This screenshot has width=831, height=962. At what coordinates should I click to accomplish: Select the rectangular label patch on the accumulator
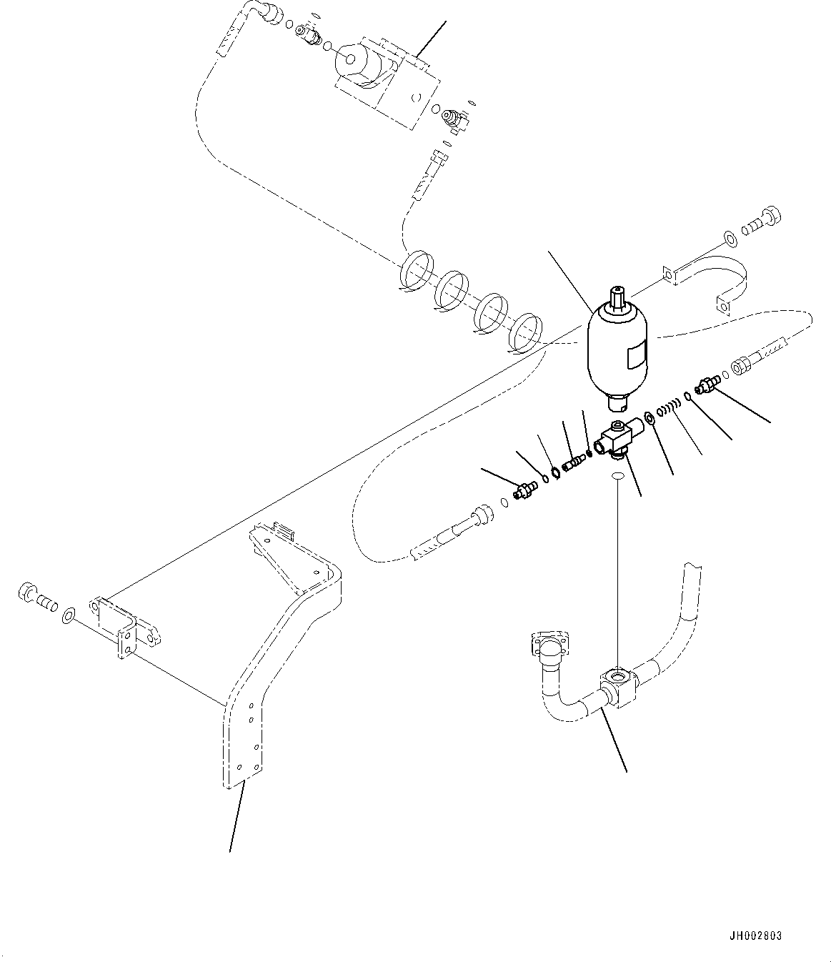pyautogui.click(x=637, y=354)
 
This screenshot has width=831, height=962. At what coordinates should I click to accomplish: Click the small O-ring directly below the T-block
pyautogui.click(x=619, y=475)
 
